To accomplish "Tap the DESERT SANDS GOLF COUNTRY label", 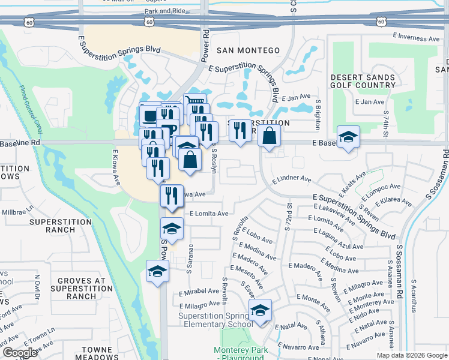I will (x=364, y=81).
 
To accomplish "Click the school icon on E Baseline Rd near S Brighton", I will (x=348, y=137).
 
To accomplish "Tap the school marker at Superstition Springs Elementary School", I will (x=260, y=311).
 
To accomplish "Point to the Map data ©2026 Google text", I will (x=412, y=355).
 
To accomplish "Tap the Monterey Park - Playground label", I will (x=238, y=354).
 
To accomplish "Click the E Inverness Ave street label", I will (x=416, y=36).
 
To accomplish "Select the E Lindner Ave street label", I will (x=292, y=179).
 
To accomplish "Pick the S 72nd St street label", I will (x=289, y=214).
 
